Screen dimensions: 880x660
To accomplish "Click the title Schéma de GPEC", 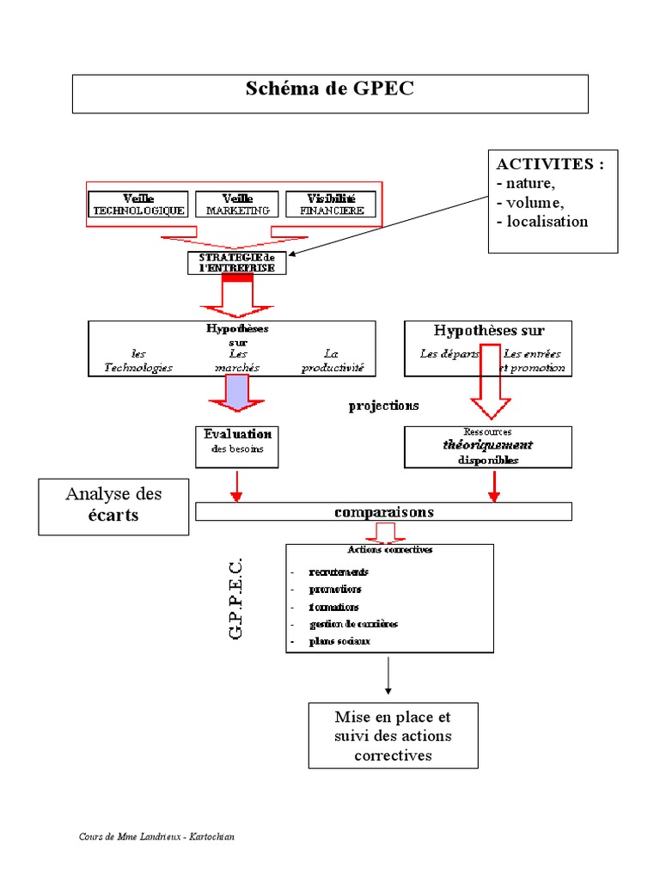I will point(330,89).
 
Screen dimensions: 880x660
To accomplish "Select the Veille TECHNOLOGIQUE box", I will point(138,204).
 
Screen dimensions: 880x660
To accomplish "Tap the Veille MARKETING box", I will point(237,204).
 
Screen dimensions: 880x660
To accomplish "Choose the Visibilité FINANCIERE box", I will point(331,204).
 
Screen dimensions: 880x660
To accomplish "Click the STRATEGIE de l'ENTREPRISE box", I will point(236,262).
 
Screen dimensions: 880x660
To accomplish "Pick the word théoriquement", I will point(487,445).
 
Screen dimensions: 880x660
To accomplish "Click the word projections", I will point(384,406).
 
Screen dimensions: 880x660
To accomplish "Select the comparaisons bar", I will point(383,512).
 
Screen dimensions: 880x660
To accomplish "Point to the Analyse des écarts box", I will point(113,506).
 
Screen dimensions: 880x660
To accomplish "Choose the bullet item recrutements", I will point(339,572).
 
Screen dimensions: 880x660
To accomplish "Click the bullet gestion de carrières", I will point(353,624).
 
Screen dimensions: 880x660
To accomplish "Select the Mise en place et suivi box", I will point(393,735).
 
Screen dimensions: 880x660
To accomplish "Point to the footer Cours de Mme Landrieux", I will point(156,836).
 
